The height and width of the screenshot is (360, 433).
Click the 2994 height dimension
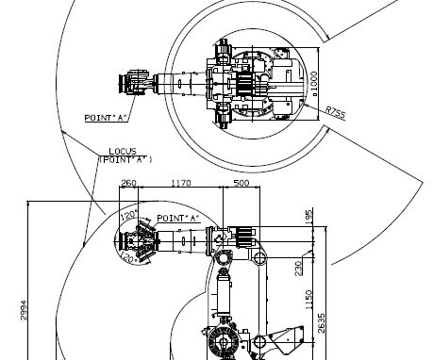(24, 310)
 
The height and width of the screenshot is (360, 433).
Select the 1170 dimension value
(181, 183)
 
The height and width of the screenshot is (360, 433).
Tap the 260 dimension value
(128, 183)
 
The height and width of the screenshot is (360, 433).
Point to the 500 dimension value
(241, 183)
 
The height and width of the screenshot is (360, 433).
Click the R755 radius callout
(335, 112)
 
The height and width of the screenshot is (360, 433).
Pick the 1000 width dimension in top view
(314, 84)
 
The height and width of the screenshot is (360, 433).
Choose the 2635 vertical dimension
(321, 323)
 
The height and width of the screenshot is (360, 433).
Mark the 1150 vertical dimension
(309, 300)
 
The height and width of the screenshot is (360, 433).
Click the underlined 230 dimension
(298, 269)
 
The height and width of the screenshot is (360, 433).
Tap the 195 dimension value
(308, 217)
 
